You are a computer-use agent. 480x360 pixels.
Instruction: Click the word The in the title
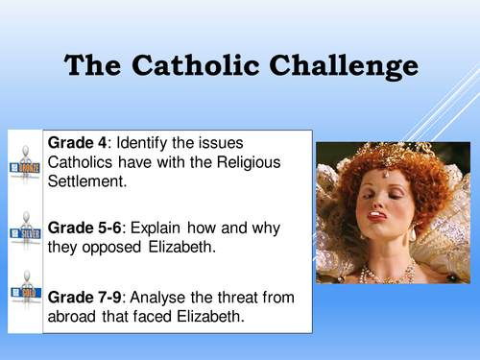click(x=95, y=65)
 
